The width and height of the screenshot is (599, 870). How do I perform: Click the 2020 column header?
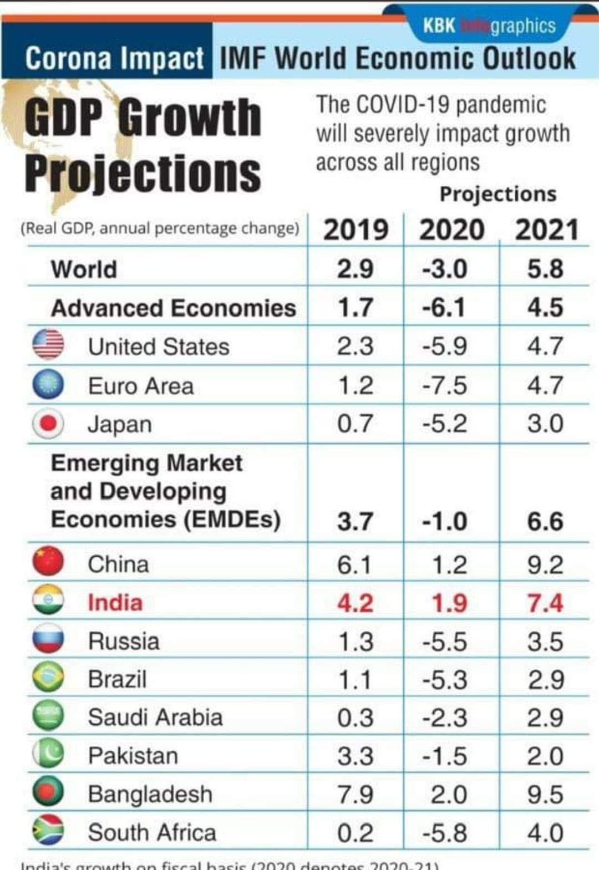[x=451, y=230]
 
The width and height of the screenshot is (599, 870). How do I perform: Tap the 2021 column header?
[x=547, y=230]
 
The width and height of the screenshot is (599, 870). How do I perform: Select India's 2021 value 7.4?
[x=545, y=603]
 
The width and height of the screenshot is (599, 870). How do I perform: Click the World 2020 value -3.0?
[x=444, y=269]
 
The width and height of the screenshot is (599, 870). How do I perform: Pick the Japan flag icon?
[x=48, y=424]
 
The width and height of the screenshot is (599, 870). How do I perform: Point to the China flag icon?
[x=48, y=562]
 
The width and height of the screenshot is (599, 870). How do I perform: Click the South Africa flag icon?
[x=48, y=830]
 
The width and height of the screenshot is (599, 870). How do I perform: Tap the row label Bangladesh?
[x=150, y=794]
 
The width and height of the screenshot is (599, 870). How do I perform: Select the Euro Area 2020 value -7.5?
[x=444, y=385]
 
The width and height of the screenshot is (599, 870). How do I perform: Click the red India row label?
[x=115, y=603]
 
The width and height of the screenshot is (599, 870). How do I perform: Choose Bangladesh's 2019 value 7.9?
[x=355, y=794]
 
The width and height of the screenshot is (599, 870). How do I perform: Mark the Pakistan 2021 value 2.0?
[x=545, y=756]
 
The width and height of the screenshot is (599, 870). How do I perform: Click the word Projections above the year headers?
[x=498, y=194]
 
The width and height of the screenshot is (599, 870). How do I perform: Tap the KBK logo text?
[x=439, y=26]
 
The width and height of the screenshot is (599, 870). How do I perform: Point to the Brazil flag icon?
[x=48, y=678]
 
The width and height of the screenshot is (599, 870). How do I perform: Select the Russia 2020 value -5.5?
[x=444, y=642]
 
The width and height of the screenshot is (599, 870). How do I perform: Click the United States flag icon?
[x=48, y=344]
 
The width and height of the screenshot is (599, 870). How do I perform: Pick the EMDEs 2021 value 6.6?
[x=545, y=521]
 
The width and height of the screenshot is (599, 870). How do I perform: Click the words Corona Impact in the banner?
[x=114, y=58]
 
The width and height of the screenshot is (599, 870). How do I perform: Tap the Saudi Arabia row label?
[x=155, y=718]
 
